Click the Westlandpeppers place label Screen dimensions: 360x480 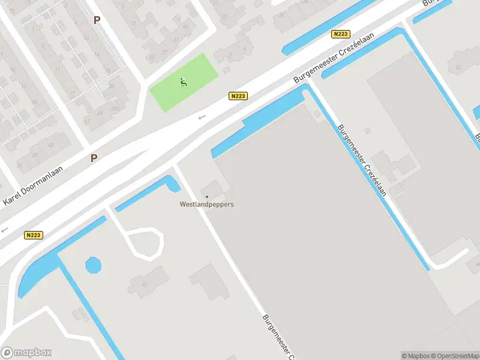tap(207, 204)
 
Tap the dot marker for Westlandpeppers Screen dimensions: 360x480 tap(207, 196)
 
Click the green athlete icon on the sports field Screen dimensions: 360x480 tap(183, 82)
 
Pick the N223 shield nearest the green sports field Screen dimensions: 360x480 tap(238, 96)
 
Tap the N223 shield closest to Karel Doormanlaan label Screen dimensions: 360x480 tap(34, 235)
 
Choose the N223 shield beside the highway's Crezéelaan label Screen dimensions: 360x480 tap(340, 35)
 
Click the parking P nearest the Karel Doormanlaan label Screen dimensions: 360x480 tap(94, 158)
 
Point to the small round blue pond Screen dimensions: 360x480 tap(93, 264)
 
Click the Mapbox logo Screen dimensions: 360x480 tap(26, 353)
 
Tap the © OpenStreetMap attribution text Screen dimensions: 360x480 tap(454, 356)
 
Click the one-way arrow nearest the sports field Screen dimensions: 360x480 tap(202, 117)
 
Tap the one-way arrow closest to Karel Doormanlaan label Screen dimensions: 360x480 tap(4, 229)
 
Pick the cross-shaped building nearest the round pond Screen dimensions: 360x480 tap(147, 281)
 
